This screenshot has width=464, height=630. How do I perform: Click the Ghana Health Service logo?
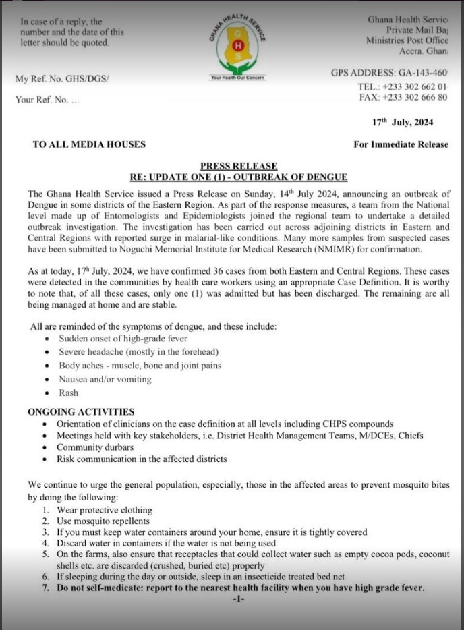tap(238, 45)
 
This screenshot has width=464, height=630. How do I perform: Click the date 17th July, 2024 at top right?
tap(403, 123)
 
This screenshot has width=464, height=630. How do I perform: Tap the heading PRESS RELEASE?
tap(238, 166)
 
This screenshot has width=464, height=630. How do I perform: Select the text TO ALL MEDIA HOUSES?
tap(89, 144)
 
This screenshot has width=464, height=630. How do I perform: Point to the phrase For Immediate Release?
tap(401, 144)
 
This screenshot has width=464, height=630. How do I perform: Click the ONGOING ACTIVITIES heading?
tap(81, 411)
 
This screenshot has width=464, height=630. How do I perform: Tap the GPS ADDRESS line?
tap(389, 73)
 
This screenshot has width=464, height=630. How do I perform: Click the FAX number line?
tap(403, 98)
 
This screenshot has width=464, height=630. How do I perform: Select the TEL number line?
tap(403, 87)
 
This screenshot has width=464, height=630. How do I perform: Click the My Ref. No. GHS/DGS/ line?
tap(62, 79)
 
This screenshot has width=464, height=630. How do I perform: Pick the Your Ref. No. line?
tap(47, 100)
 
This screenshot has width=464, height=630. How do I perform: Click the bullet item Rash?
tap(68, 393)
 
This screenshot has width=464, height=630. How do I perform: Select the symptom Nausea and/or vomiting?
tap(105, 379)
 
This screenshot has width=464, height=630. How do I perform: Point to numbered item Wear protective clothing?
tap(105, 510)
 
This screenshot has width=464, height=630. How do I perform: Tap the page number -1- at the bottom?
tap(237, 599)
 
